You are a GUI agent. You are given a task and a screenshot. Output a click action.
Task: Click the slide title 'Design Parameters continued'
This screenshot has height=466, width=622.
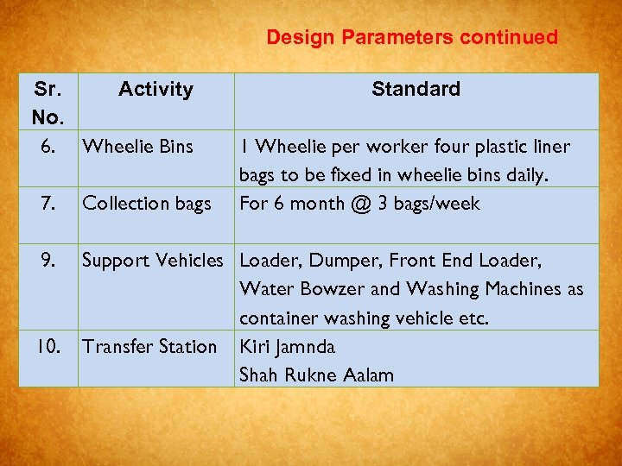412,37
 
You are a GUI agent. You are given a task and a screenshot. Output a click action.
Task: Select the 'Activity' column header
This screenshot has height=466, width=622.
155,89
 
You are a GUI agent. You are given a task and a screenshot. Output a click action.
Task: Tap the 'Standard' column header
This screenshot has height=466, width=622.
416,89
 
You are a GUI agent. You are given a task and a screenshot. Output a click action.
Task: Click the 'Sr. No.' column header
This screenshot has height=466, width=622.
48,102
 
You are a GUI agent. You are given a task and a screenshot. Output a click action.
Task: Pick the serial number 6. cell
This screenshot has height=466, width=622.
48,147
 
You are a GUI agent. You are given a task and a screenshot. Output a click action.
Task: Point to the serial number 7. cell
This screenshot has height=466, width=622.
48,204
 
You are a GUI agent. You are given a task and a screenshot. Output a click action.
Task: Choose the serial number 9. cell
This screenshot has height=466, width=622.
48,261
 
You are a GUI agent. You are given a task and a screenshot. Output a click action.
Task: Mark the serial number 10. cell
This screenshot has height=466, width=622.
48,347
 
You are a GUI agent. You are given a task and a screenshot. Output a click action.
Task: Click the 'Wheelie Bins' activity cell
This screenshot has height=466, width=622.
137,147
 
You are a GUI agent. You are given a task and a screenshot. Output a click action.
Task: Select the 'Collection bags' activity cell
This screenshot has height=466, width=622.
146,204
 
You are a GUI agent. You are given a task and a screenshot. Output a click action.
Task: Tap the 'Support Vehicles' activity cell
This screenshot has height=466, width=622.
152,261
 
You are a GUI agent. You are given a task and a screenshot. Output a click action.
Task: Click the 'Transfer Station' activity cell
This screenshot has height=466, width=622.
149,347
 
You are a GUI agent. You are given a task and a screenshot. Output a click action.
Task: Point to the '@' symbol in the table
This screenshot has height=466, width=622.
376,204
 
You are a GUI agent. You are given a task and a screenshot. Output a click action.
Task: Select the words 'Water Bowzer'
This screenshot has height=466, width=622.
289,289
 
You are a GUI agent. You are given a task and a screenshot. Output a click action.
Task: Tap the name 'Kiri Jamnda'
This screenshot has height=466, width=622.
289,347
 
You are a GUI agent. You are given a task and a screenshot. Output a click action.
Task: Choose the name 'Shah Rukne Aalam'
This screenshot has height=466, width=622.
316,375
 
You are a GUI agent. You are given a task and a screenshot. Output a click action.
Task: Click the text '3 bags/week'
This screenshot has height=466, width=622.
438,204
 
